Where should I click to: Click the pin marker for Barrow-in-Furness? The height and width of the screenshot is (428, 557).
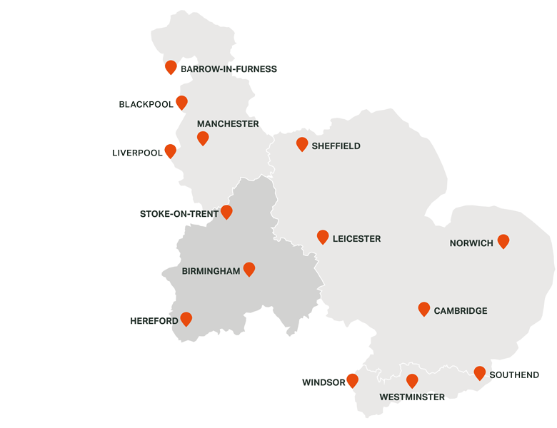click(171, 67)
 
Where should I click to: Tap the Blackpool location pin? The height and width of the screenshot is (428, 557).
click(182, 103)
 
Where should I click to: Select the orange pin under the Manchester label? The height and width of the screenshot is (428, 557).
click(203, 138)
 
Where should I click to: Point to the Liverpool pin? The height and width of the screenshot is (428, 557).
click(171, 151)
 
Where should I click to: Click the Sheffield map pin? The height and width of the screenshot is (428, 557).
click(302, 144)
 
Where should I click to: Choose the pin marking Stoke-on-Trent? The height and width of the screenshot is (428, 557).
click(226, 212)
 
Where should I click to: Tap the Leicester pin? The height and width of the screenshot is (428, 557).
click(323, 237)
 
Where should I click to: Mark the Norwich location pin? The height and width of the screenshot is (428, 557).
click(503, 241)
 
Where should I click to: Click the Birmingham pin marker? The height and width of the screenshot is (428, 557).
click(249, 269)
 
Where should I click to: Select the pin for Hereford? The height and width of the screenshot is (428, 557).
click(186, 319)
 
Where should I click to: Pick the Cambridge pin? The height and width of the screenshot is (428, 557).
click(424, 309)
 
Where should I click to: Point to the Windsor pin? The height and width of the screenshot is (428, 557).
click(352, 380)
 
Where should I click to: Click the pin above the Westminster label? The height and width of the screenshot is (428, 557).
click(412, 381)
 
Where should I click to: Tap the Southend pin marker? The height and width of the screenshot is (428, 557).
click(480, 372)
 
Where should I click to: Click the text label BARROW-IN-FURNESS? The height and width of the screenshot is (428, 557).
click(229, 69)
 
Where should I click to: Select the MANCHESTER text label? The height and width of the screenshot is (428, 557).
click(228, 124)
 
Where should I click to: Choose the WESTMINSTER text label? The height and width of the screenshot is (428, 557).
click(412, 397)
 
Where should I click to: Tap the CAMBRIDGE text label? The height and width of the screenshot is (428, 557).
click(461, 311)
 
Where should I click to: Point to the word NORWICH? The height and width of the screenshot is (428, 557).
click(471, 243)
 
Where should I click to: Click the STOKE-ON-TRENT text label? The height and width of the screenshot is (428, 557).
click(179, 214)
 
